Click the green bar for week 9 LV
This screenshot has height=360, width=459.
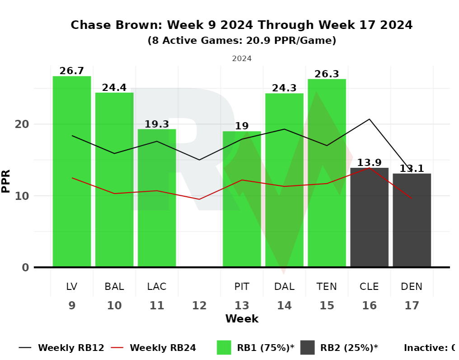(x=72, y=171)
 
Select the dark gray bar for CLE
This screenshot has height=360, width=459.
(x=370, y=217)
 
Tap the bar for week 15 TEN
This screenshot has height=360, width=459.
(x=327, y=173)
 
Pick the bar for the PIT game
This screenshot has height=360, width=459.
(x=242, y=199)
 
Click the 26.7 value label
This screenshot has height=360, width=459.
(x=72, y=71)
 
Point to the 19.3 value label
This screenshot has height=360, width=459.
(x=157, y=124)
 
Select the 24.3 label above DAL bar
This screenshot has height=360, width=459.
(x=284, y=88)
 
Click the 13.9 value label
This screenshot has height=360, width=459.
(x=370, y=162)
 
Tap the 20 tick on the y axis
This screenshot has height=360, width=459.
(x=22, y=124)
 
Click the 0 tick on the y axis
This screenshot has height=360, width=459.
(x=25, y=267)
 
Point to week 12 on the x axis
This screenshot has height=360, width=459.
(x=199, y=305)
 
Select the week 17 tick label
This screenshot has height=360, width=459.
(x=412, y=305)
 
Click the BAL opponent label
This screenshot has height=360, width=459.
(x=114, y=286)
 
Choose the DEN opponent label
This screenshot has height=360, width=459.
(x=412, y=286)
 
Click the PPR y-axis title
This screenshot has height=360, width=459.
(x=6, y=181)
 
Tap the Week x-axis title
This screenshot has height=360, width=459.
(x=242, y=319)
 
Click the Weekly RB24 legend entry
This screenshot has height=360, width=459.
(x=154, y=348)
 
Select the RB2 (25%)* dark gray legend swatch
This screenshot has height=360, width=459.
(x=307, y=348)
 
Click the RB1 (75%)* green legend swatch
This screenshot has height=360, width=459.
(x=224, y=348)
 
